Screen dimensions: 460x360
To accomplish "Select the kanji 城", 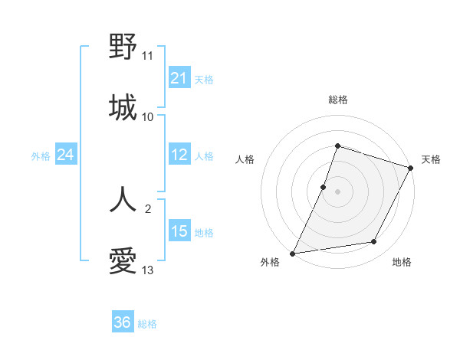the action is (x=123, y=107).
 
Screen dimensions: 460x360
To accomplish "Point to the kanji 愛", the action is (x=123, y=261).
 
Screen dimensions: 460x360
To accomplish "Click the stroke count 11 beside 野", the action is (x=147, y=56).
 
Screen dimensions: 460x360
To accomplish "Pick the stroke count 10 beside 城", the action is (x=147, y=117).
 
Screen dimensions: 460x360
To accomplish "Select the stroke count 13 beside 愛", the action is (x=147, y=270).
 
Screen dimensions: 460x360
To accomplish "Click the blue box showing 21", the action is (x=179, y=78).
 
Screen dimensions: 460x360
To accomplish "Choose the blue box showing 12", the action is (x=179, y=155).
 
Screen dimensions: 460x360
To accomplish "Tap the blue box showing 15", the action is (x=179, y=231).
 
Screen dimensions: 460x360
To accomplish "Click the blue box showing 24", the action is (x=66, y=155).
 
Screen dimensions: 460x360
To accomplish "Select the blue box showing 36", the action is (x=122, y=322).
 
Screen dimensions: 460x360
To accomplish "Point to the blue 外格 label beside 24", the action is (x=41, y=156).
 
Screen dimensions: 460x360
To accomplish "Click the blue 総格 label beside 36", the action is (x=147, y=324).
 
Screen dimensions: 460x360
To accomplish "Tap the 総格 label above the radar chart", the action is (x=337, y=100).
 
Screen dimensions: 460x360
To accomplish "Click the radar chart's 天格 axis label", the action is (x=431, y=159).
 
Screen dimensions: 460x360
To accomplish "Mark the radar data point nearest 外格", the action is (x=293, y=253).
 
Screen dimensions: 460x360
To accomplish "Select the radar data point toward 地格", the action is (x=374, y=242).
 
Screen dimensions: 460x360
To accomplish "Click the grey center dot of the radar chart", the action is (x=337, y=191).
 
